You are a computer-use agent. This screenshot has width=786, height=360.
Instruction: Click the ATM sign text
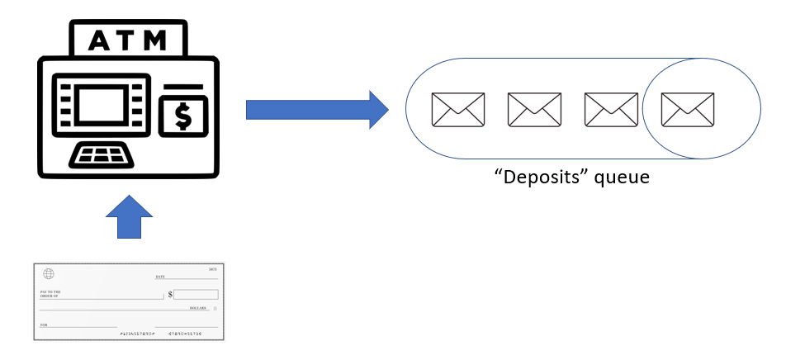point(127,40)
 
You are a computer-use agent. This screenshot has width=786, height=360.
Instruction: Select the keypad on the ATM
point(102,154)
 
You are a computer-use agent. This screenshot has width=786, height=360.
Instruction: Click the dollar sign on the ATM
point(182,116)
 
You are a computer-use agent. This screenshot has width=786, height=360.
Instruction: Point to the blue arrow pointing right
point(316,109)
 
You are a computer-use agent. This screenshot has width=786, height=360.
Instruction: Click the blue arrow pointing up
point(130,216)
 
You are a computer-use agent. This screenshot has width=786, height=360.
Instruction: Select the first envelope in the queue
point(458,110)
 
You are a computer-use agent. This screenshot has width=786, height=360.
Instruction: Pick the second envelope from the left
point(534,110)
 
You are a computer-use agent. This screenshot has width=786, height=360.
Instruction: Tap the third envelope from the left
point(611,110)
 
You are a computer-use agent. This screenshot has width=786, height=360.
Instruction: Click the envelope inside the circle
point(688,110)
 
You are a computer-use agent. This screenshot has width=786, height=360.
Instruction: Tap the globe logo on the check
point(48,274)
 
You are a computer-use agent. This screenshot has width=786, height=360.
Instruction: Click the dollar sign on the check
point(170,294)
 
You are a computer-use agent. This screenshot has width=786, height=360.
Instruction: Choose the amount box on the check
point(196,294)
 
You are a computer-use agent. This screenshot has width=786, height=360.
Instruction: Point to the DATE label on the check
point(160,277)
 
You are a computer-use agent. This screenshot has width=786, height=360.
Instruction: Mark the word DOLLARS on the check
point(197,308)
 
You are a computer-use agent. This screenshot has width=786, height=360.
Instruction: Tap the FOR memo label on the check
point(44,325)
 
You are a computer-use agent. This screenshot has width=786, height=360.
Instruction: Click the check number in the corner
point(212,270)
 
